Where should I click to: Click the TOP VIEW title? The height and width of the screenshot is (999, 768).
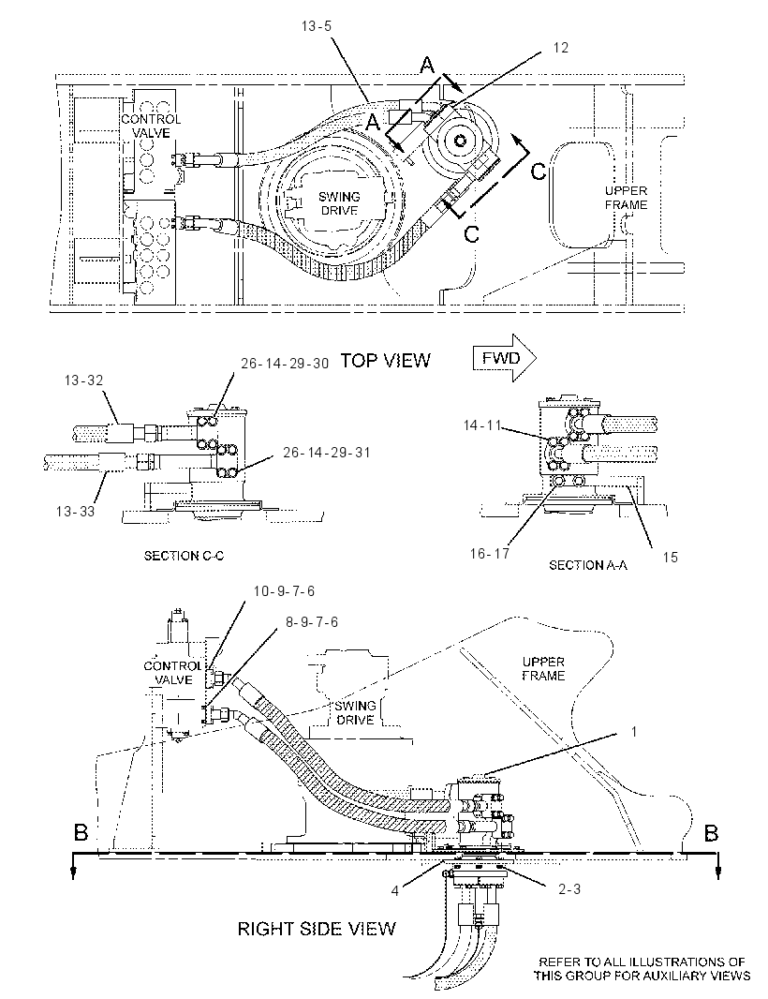(x=385, y=361)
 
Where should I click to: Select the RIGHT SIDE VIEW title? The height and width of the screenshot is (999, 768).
(x=317, y=929)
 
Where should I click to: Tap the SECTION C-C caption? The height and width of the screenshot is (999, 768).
(x=185, y=556)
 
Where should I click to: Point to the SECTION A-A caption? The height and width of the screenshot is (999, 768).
(x=588, y=564)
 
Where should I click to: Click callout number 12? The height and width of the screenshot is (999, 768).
(x=560, y=48)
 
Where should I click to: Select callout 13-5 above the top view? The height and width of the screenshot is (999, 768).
(x=317, y=26)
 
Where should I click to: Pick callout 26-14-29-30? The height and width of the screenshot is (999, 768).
(x=285, y=364)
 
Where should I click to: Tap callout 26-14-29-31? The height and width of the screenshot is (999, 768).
(x=327, y=453)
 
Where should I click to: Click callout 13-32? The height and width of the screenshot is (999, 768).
(x=83, y=380)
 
